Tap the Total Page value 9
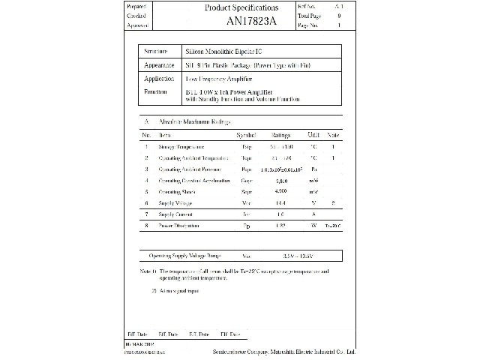click(339, 15)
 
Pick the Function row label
click(155, 91)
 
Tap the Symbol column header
click(246, 135)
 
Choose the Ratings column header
click(280, 135)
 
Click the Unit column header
click(313, 135)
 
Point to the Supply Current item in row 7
click(176, 214)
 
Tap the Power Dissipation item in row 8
click(178, 226)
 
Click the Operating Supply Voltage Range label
click(186, 255)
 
